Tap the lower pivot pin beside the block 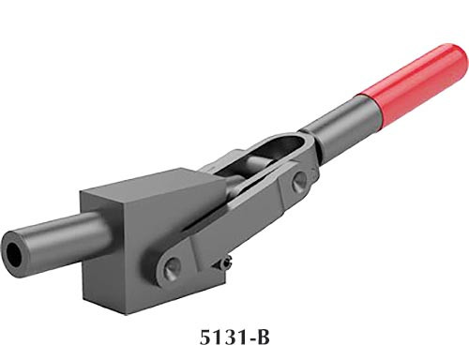[172, 268]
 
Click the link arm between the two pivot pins [234, 225]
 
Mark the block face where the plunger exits [98, 238]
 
